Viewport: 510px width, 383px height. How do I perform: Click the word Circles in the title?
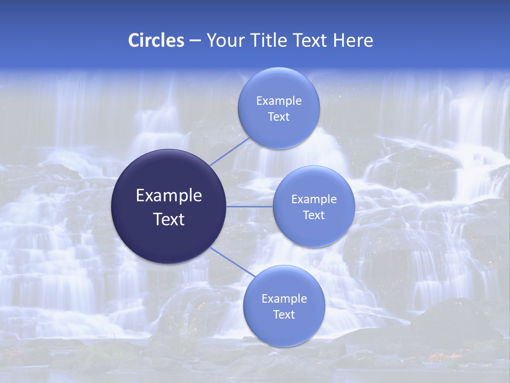point(156,40)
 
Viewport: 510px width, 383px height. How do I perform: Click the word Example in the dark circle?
point(169,196)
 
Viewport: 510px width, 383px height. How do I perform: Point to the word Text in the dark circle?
point(169,219)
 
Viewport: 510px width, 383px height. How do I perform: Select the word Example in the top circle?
point(278,101)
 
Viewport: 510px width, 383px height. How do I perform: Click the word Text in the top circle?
point(278,117)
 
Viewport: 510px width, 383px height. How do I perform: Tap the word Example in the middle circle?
point(313,199)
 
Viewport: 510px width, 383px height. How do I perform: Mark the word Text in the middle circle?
point(313,215)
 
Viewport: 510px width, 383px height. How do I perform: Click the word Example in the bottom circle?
point(284,299)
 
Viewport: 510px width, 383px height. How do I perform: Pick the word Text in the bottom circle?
point(284,315)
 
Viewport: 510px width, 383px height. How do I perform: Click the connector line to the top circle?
point(230,152)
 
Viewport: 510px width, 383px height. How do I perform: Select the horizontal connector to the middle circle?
point(250,206)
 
